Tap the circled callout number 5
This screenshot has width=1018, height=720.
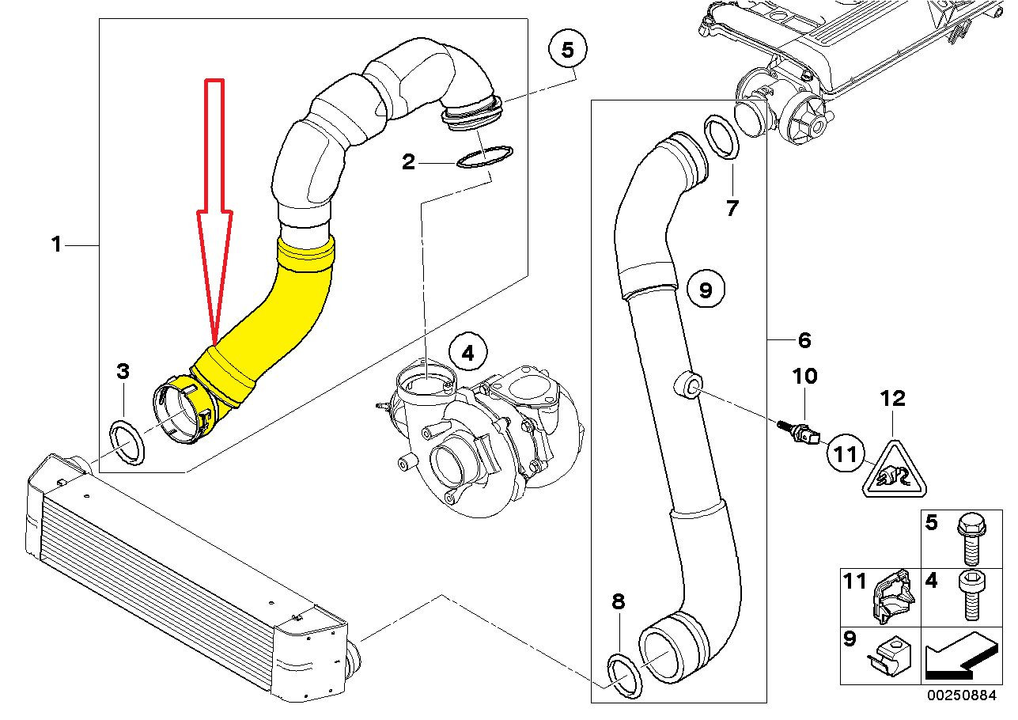[567, 50]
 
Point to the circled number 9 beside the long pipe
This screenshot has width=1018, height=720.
[706, 290]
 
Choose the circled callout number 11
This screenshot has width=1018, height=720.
[846, 454]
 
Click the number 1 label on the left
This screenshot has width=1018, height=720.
[56, 245]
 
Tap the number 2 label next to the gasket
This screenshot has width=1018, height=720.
[408, 162]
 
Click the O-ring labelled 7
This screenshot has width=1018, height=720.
[721, 137]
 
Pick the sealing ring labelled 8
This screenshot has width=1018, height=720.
[623, 676]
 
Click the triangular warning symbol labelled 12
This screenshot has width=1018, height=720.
[892, 472]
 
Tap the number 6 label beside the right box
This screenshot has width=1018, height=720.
[804, 340]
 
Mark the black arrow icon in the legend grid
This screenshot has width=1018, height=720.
[959, 656]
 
